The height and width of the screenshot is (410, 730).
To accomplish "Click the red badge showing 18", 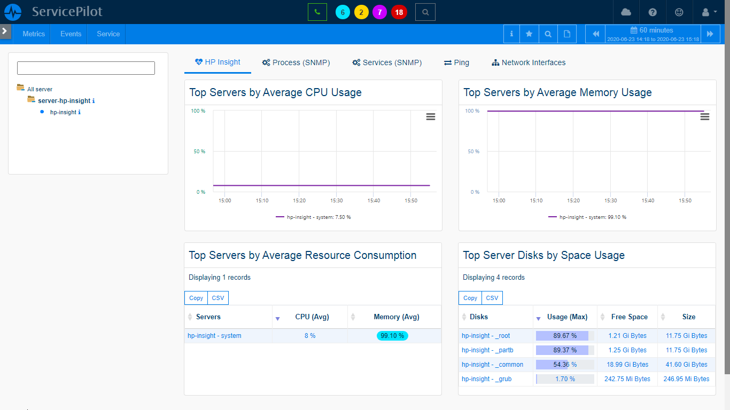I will point(399,12).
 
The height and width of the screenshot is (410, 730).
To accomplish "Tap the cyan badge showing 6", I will point(343,12).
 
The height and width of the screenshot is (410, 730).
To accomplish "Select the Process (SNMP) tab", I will point(296,62).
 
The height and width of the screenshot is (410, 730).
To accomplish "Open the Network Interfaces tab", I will point(529,62).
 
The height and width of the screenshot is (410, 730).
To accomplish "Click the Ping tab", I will point(456,62).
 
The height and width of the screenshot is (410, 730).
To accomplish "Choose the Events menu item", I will point(71,34).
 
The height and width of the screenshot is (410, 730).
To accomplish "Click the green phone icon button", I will point(317,12).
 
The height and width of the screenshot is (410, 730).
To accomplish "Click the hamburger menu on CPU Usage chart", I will point(430,116).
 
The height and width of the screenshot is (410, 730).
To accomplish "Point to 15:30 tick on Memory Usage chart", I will point(610,201).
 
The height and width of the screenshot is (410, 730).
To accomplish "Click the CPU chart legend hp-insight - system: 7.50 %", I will point(314,217).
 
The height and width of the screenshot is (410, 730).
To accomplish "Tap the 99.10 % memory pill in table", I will point(392,336).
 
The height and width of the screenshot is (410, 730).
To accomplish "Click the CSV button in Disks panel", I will point(492,298).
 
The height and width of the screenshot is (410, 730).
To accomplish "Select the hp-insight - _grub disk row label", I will point(486,379).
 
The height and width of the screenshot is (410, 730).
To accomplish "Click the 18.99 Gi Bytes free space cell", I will point(627,365).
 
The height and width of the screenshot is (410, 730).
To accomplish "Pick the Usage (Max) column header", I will point(567,317).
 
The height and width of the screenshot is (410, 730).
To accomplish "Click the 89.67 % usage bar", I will point(565,336).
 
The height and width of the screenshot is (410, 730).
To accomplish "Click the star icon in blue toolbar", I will point(529,34).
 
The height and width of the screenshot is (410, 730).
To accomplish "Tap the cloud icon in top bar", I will point(626,12).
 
